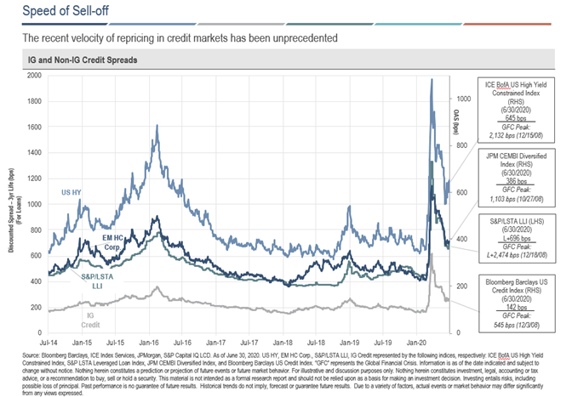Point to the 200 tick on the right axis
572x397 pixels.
[x=458, y=286]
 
